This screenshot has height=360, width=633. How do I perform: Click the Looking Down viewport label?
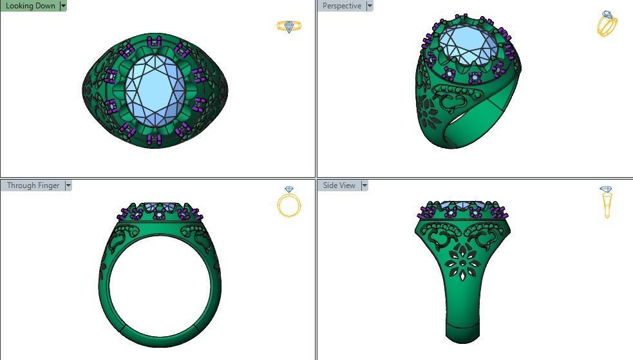(x=30, y=6)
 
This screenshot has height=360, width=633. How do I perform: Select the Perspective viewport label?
(x=342, y=6)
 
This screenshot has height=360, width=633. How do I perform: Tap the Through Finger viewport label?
(x=33, y=185)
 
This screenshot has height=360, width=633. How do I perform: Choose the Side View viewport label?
(x=339, y=185)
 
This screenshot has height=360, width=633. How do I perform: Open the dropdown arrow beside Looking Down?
(x=63, y=6)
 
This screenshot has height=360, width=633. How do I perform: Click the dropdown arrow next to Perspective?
(x=369, y=6)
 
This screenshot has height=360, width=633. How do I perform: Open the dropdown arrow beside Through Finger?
(x=68, y=185)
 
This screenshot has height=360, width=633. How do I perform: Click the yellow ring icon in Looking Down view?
(x=288, y=26)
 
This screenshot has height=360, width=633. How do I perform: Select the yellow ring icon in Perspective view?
(x=607, y=23)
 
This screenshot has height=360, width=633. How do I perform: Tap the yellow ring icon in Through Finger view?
(x=288, y=202)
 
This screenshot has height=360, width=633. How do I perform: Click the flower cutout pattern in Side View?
(x=462, y=264)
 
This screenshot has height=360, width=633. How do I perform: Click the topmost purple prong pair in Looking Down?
(x=154, y=43)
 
